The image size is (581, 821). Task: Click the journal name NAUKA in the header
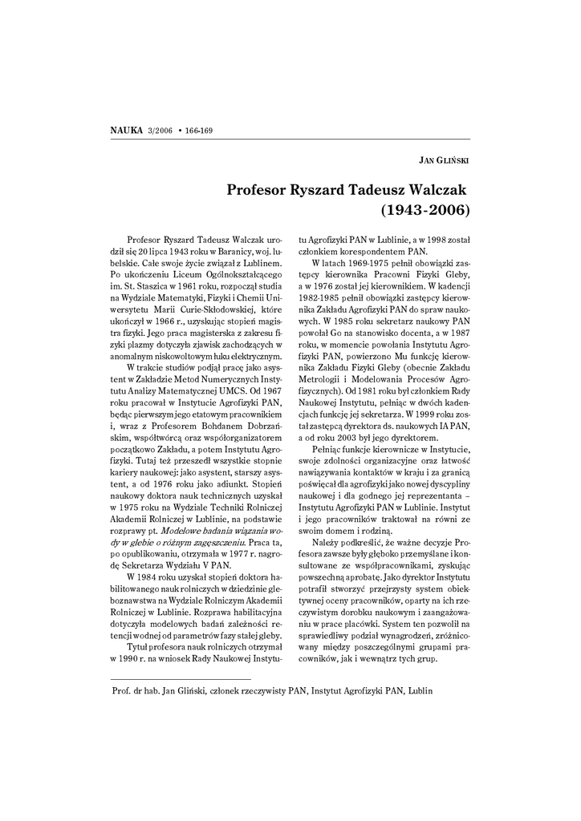point(126,130)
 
